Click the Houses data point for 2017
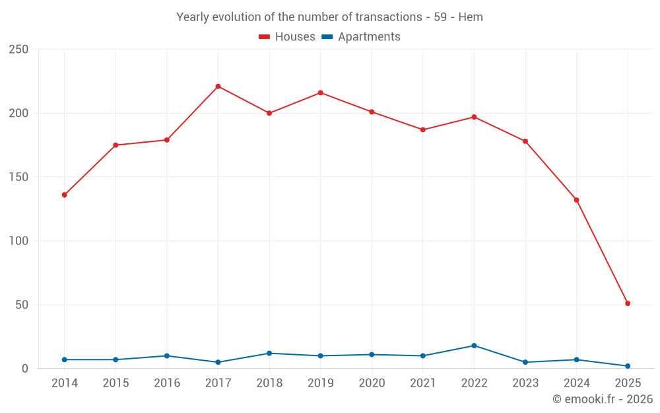(218, 87)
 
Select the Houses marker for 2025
(628, 303)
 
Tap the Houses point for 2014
(64, 195)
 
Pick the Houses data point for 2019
(320, 93)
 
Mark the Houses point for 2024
(576, 200)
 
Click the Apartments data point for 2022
(474, 346)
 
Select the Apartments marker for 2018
(269, 353)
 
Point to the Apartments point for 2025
(628, 366)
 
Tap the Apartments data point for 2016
(166, 356)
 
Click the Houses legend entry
(286, 37)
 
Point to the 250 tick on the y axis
(19, 50)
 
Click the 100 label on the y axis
(19, 241)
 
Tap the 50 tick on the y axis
(22, 305)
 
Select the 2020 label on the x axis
(372, 383)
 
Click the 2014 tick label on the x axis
(64, 383)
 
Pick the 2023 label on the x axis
(525, 383)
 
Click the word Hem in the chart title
(471, 17)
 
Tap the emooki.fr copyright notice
(602, 399)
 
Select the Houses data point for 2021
(423, 130)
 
